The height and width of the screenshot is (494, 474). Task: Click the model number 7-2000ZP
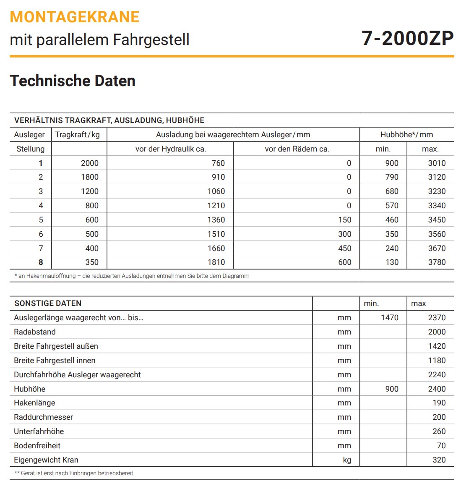(x=407, y=39)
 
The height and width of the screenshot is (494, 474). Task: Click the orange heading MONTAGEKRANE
(x=74, y=17)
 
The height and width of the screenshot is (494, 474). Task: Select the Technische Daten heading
(x=73, y=81)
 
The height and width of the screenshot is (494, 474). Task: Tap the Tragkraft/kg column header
(x=78, y=135)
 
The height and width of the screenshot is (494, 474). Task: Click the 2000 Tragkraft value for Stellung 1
(x=89, y=163)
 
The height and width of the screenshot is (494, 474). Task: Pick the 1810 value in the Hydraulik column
(x=216, y=262)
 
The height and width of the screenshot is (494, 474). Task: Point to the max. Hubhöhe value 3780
(x=436, y=262)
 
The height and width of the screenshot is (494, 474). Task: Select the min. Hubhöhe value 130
(x=392, y=262)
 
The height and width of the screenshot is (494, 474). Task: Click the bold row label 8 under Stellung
(x=41, y=262)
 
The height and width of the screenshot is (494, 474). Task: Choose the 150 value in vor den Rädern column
(x=344, y=220)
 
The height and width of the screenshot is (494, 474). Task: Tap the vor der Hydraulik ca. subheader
(x=170, y=149)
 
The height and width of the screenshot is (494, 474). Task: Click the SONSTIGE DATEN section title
(x=48, y=303)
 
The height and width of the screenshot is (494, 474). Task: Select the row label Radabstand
(x=35, y=332)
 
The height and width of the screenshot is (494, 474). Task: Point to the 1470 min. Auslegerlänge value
(x=389, y=318)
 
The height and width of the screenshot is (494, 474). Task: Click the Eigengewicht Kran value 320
(x=439, y=460)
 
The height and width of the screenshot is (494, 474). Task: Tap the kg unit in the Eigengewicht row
(x=346, y=460)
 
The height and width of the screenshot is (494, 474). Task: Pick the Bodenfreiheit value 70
(x=441, y=446)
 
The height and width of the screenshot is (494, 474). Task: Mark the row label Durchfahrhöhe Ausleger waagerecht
(x=77, y=375)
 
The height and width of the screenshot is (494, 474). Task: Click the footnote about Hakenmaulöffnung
(x=132, y=276)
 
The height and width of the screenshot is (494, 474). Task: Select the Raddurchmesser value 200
(x=439, y=417)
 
